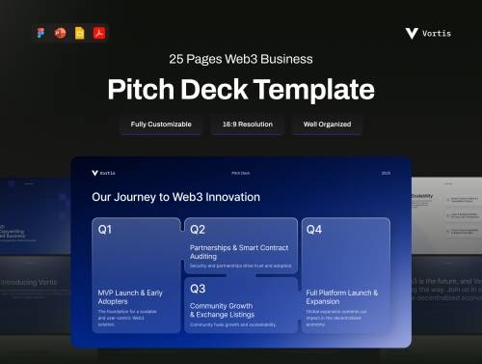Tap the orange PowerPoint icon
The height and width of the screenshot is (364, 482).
click(62, 33)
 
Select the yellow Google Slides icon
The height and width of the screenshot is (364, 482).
click(80, 33)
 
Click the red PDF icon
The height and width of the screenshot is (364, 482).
click(98, 33)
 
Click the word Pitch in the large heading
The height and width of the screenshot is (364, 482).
click(141, 90)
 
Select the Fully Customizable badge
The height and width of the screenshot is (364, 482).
click(161, 125)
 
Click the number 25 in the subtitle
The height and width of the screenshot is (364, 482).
click(177, 59)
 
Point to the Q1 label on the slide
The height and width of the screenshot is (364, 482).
click(105, 230)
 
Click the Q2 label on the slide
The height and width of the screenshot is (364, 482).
click(198, 230)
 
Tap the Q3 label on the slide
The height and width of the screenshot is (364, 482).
click(198, 288)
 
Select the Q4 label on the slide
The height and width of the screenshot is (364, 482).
click(314, 230)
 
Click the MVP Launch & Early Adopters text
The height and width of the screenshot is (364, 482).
click(131, 296)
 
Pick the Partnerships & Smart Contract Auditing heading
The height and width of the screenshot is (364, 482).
click(239, 252)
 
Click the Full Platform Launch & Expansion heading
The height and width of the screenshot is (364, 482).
click(342, 296)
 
